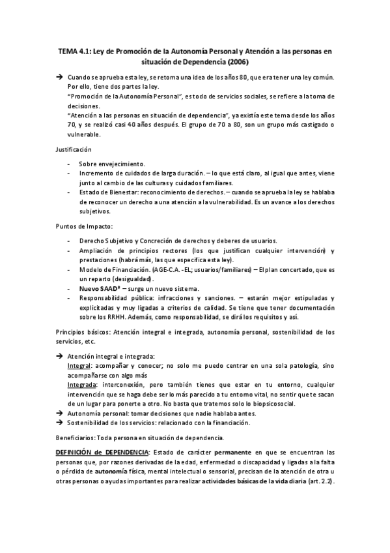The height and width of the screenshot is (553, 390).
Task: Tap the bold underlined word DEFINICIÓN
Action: tap(77, 452)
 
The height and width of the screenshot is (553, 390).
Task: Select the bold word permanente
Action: tap(232, 452)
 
